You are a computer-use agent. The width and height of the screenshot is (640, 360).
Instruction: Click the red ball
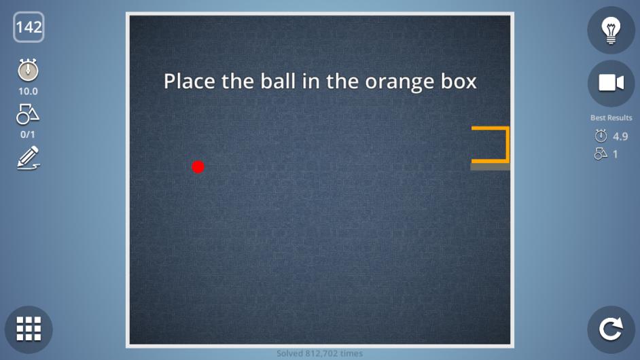pyautogui.click(x=198, y=167)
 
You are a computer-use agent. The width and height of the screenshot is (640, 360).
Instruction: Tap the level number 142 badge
pyautogui.click(x=29, y=27)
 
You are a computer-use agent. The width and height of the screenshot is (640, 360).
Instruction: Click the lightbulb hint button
pyautogui.click(x=611, y=30)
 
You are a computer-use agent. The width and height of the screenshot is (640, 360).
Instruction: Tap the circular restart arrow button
pyautogui.click(x=611, y=329)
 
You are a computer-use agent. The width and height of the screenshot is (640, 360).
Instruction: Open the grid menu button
pyautogui.click(x=29, y=329)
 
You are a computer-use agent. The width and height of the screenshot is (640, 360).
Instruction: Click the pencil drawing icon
pyautogui.click(x=28, y=158)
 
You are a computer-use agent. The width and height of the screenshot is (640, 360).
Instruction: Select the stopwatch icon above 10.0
pyautogui.click(x=28, y=70)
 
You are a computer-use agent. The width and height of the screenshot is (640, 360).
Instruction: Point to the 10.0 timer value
pyautogui.click(x=28, y=92)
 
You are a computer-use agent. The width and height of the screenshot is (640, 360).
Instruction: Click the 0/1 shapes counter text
pyautogui.click(x=28, y=134)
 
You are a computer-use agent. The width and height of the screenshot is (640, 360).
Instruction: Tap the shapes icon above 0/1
pyautogui.click(x=28, y=114)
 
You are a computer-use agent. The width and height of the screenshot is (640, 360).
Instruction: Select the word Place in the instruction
pyautogui.click(x=190, y=81)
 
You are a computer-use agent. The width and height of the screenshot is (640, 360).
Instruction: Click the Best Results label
pyautogui.click(x=611, y=118)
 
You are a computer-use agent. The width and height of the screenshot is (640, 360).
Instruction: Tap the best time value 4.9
pyautogui.click(x=620, y=137)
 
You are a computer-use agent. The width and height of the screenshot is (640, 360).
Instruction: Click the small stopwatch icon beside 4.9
pyautogui.click(x=601, y=136)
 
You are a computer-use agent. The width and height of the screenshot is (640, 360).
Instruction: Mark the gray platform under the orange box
pyautogui.click(x=491, y=166)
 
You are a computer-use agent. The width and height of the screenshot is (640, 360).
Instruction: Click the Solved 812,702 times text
pyautogui.click(x=319, y=353)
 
